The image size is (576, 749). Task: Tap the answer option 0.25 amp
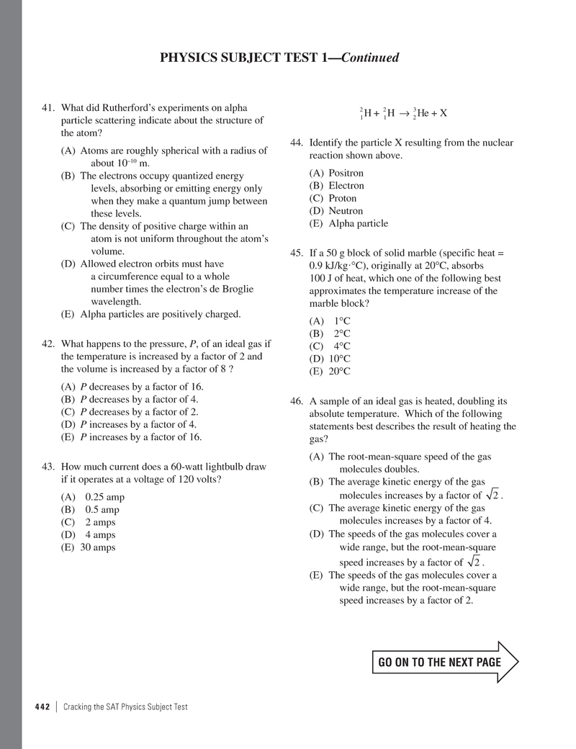[x=104, y=497]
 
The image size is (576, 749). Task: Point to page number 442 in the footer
[x=42, y=707]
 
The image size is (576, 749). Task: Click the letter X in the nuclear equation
[x=444, y=113]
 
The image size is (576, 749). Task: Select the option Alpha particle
[x=358, y=223]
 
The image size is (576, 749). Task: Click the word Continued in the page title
[x=369, y=58]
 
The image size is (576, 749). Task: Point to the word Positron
[x=346, y=173]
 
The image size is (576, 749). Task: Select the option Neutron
[x=346, y=211]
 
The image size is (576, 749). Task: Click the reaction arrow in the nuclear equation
[x=405, y=113]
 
